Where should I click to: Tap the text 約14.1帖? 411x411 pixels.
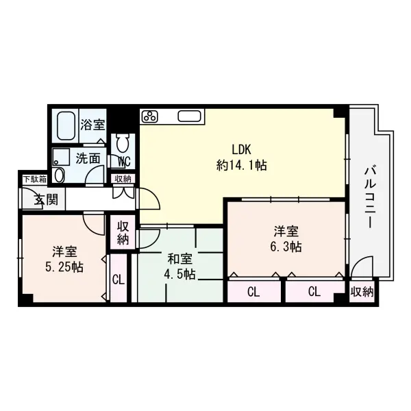pos(241,165)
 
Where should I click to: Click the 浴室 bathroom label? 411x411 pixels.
pos(92,125)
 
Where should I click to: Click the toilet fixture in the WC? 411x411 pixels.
pos(123,143)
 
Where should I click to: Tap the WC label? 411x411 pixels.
pos(124,162)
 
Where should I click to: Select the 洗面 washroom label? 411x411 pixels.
pos(88,158)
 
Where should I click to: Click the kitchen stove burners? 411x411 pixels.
pos(150,115)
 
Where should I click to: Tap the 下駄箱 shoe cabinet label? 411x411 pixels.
pos(34,179)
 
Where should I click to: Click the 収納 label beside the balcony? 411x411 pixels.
pos(362,292)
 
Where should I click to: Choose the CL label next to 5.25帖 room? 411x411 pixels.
pos(117,279)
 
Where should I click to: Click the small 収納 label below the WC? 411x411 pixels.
pos(123,179)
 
